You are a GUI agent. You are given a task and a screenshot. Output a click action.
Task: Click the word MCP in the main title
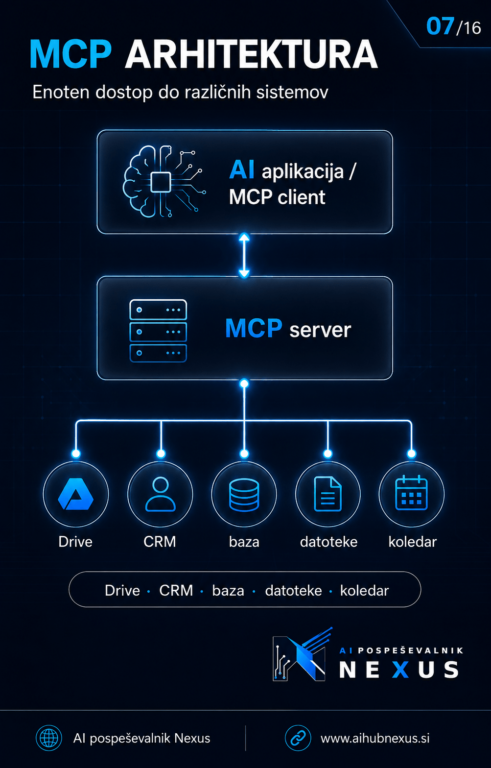tap(70, 54)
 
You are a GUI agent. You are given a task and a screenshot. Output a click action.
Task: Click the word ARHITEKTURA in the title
tap(252, 54)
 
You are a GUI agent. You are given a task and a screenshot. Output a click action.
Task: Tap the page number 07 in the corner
tap(440, 26)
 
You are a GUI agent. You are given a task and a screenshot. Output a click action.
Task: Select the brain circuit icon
tap(164, 181)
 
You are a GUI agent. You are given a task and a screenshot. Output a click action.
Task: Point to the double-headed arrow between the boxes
tap(244, 255)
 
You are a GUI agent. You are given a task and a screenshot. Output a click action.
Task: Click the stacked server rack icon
tap(158, 331)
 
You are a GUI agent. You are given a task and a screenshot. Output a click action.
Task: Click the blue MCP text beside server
tap(254, 329)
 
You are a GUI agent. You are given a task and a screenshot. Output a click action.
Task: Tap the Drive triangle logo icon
tap(76, 494)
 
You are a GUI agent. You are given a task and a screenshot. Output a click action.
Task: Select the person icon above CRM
tap(161, 494)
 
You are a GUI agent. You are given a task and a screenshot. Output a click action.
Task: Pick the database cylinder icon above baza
tap(244, 495)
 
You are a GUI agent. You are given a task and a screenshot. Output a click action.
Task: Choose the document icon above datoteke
tap(328, 494)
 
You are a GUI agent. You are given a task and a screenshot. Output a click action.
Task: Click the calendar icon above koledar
tap(412, 493)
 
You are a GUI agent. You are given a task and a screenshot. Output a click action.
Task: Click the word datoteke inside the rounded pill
tap(293, 591)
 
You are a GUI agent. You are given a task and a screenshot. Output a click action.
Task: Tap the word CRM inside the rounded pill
tap(176, 591)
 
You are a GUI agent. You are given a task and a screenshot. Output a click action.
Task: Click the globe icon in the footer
tap(49, 738)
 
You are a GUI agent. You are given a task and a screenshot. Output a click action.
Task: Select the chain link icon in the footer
tap(298, 738)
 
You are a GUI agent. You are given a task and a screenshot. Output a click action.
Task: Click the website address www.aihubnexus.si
tap(375, 738)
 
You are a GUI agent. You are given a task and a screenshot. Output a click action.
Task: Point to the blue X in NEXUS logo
tap(400, 670)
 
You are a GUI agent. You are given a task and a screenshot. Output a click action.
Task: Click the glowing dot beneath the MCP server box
tap(244, 384)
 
